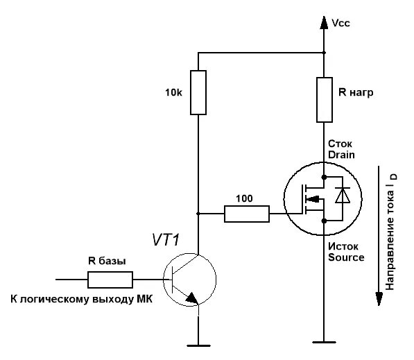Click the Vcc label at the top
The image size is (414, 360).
[340, 23]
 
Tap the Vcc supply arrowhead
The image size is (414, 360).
[324, 22]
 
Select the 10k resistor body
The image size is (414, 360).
[198, 92]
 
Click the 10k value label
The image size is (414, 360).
[173, 92]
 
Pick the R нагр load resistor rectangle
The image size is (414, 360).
[325, 100]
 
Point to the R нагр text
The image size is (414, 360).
[356, 92]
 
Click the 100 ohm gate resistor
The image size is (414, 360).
[247, 214]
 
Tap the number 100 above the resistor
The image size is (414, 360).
[244, 198]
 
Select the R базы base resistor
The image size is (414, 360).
[110, 280]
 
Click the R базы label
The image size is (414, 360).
[107, 261]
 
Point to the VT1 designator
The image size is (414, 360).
[166, 240]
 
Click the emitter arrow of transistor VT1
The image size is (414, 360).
[192, 298]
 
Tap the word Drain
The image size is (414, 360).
[341, 155]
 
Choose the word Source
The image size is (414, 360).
[346, 257]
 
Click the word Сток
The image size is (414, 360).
[340, 144]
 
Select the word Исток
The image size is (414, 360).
[343, 247]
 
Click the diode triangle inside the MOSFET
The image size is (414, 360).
[343, 196]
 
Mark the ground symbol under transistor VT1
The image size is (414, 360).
[198, 345]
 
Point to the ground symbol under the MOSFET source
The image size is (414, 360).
[325, 342]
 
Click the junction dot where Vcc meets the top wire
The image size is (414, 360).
[325, 53]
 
